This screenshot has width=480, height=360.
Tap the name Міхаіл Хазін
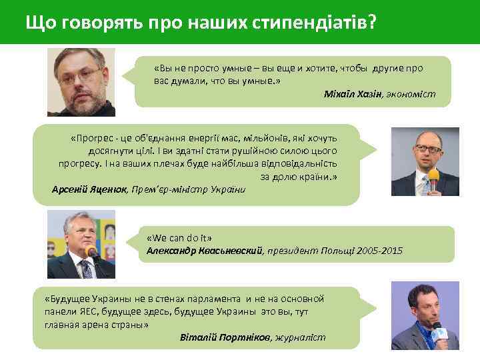353,94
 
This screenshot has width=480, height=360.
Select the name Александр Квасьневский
205,251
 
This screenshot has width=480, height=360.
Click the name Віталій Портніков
225,337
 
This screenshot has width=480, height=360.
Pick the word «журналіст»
300,337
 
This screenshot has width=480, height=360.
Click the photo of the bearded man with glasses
81,82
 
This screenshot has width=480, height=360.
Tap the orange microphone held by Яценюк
433,176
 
